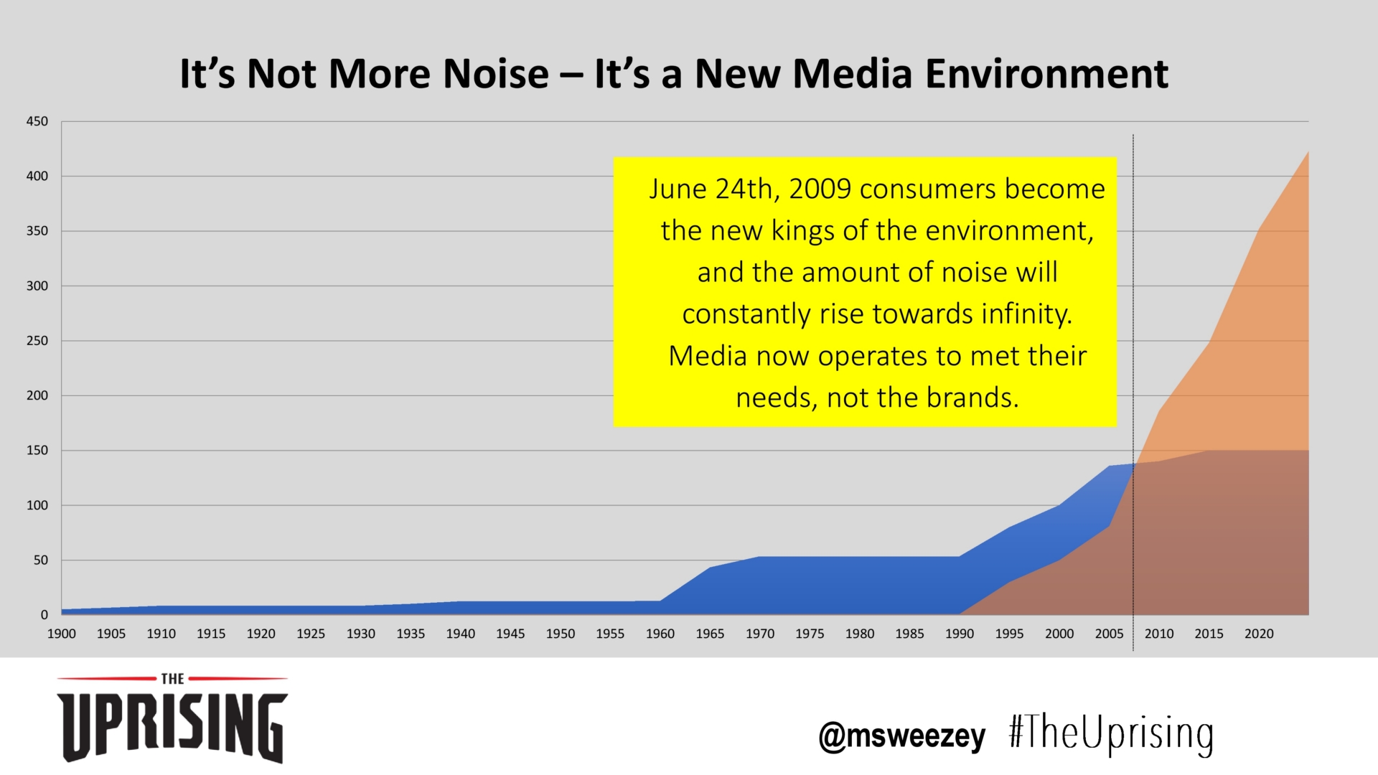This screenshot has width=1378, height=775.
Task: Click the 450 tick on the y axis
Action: pyautogui.click(x=37, y=121)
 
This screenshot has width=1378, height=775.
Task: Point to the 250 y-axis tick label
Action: pyautogui.click(x=37, y=341)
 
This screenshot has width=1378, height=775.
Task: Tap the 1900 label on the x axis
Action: pyautogui.click(x=61, y=634)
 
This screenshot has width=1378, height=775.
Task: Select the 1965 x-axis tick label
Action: pyautogui.click(x=710, y=634)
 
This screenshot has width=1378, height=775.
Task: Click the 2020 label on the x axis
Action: pyautogui.click(x=1259, y=634)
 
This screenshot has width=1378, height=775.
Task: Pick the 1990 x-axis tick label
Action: pyautogui.click(x=959, y=634)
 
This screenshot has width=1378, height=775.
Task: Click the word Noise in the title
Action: pyautogui.click(x=495, y=74)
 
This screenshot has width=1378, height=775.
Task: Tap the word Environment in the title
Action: pyautogui.click(x=1046, y=74)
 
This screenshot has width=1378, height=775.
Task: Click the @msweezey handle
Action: pyautogui.click(x=902, y=736)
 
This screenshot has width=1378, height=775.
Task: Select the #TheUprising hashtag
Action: pyautogui.click(x=1110, y=733)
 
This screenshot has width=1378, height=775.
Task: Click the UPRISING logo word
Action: pyautogui.click(x=172, y=726)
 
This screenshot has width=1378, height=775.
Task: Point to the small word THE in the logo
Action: pyautogui.click(x=172, y=679)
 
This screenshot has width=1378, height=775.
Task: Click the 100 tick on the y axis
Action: pyautogui.click(x=37, y=505)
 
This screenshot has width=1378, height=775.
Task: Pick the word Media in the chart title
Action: pyautogui.click(x=851, y=74)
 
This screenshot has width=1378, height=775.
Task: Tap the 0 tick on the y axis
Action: pyautogui.click(x=44, y=615)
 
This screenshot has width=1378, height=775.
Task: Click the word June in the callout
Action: pyautogui.click(x=678, y=189)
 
